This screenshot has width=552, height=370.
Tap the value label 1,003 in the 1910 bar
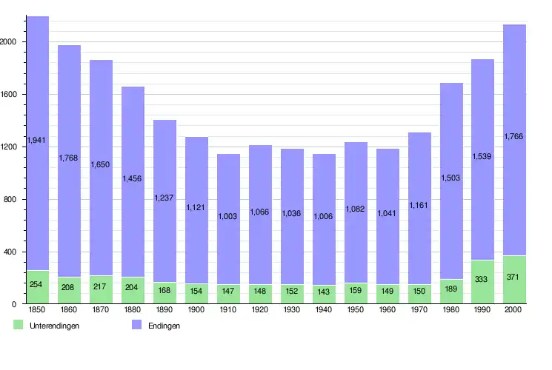point(228,216)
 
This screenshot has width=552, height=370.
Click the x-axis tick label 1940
point(324,310)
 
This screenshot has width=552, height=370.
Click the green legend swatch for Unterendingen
point(19,325)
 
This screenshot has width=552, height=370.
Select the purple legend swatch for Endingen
point(137,325)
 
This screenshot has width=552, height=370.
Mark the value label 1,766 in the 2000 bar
point(514,136)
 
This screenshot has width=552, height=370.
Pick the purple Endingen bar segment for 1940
point(324,170)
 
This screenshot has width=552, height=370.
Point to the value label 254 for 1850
point(38,285)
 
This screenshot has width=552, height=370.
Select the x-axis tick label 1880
point(133,310)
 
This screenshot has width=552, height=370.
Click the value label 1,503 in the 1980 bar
point(451,178)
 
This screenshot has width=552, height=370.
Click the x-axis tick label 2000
point(514,310)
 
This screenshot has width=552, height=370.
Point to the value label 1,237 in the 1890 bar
point(164,197)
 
